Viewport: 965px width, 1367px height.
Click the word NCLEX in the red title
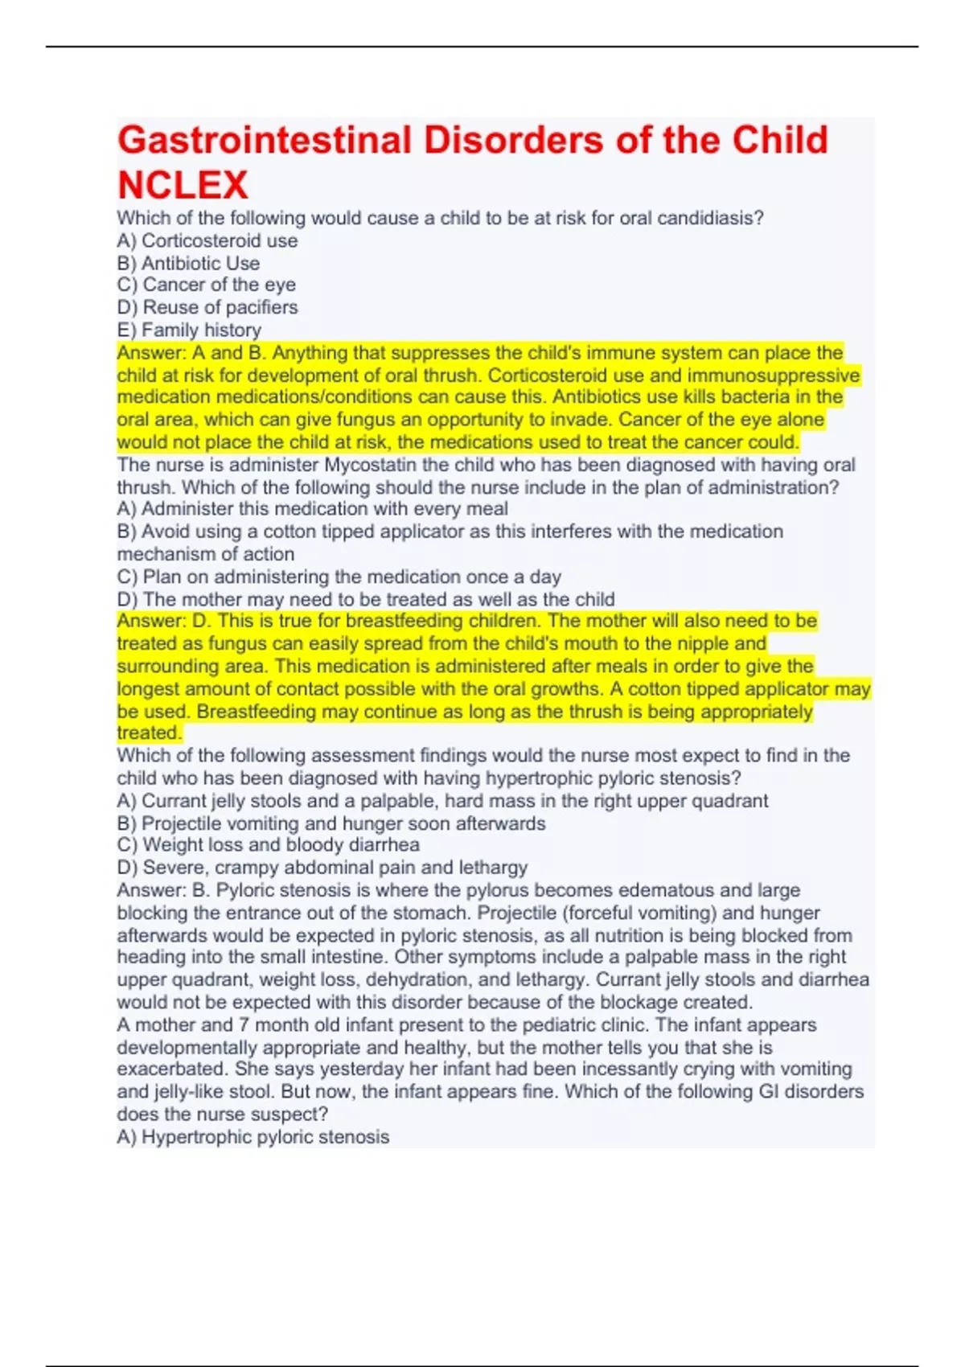(183, 185)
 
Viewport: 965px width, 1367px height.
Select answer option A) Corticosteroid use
(207, 240)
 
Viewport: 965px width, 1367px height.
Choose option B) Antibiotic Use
(188, 263)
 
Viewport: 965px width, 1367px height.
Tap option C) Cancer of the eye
(207, 285)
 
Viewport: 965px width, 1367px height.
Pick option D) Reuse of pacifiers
(207, 307)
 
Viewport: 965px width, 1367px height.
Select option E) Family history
(189, 330)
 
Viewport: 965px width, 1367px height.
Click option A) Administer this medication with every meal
(312, 509)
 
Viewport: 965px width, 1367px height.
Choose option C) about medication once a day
(339, 577)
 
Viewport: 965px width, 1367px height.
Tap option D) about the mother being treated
(366, 599)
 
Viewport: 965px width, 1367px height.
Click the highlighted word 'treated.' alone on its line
(149, 733)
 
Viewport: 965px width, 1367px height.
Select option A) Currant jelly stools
(442, 801)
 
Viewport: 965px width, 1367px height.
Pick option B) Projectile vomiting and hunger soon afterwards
(331, 823)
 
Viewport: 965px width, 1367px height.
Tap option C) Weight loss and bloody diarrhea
(268, 845)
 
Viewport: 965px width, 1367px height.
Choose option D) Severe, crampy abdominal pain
(322, 868)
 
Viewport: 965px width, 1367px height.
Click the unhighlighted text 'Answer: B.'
(163, 890)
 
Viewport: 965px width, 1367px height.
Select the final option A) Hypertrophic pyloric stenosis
(253, 1137)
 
